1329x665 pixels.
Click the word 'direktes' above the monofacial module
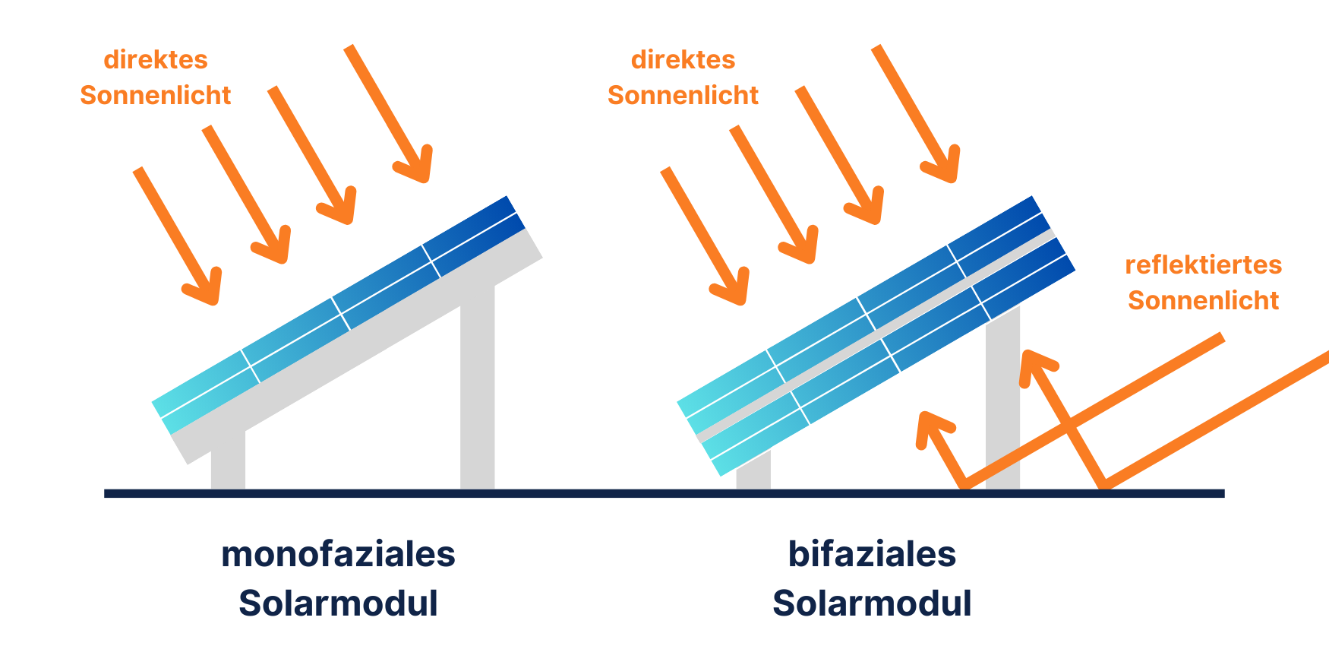[x=155, y=59]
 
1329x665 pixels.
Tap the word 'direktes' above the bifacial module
[x=683, y=59]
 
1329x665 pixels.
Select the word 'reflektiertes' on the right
[x=1203, y=264]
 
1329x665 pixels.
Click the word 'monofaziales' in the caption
[x=338, y=554]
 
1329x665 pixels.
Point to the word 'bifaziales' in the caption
[x=872, y=554]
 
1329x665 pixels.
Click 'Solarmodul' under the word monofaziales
[x=338, y=603]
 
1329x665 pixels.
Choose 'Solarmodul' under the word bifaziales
[x=872, y=603]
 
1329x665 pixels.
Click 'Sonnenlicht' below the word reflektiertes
[x=1203, y=300]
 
